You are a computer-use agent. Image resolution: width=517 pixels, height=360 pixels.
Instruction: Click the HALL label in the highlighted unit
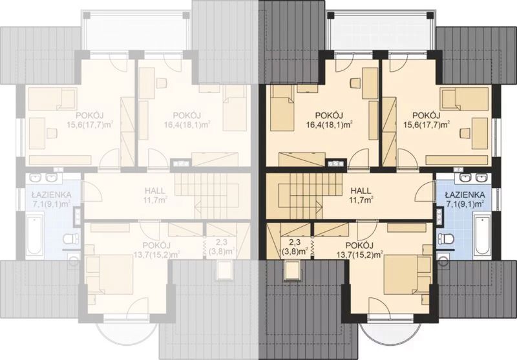pos(361,191)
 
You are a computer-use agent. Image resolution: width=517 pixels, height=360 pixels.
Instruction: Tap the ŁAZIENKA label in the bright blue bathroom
pos(464,195)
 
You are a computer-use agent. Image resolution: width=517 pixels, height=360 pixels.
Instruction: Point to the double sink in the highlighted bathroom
pos(472,178)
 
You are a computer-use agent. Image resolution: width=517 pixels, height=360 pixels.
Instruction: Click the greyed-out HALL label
pos(154,191)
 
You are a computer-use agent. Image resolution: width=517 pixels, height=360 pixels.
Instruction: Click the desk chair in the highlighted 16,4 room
pos(355,83)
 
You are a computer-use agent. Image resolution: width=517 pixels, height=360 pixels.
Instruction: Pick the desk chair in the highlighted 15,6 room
pos(465,132)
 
